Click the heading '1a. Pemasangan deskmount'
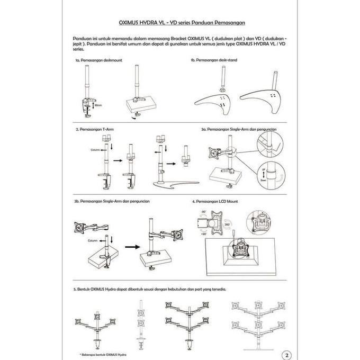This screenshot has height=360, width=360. pos(98,61)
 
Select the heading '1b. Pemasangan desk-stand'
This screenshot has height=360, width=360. pos(213,61)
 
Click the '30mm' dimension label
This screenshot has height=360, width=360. pos(98,105)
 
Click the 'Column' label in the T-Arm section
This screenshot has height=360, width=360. pos(95,150)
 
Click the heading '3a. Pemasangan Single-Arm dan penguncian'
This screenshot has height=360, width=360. pos(238,129)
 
